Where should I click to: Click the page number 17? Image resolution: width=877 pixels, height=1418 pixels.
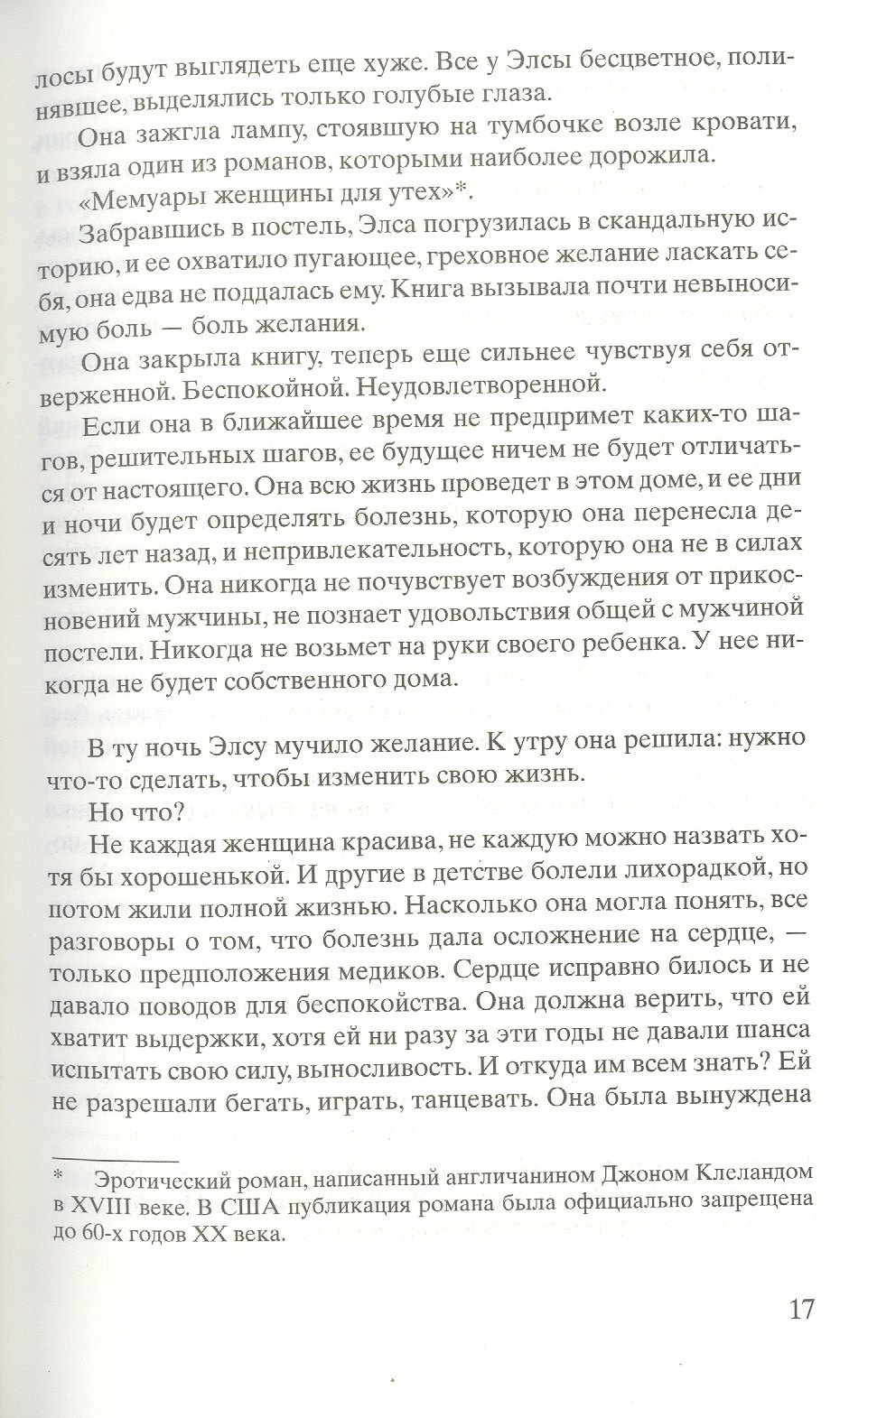click(x=798, y=1308)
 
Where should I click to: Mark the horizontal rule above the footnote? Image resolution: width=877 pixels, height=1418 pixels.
click(x=115, y=1159)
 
